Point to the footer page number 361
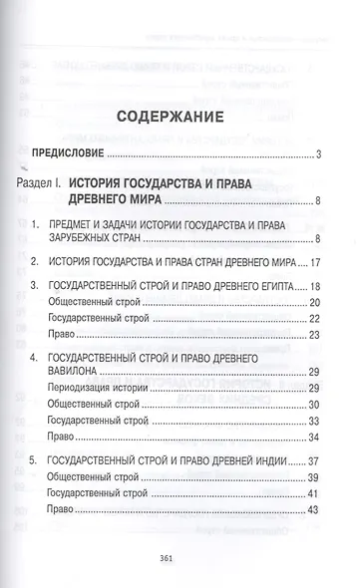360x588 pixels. (x=180, y=562)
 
